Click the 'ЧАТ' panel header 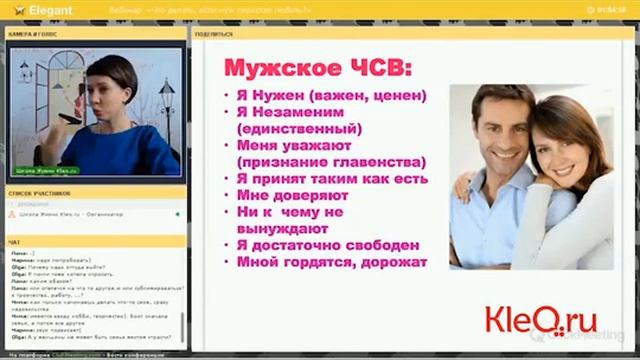[x=14, y=242]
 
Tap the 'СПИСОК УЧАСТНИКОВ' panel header [x=37, y=190]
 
